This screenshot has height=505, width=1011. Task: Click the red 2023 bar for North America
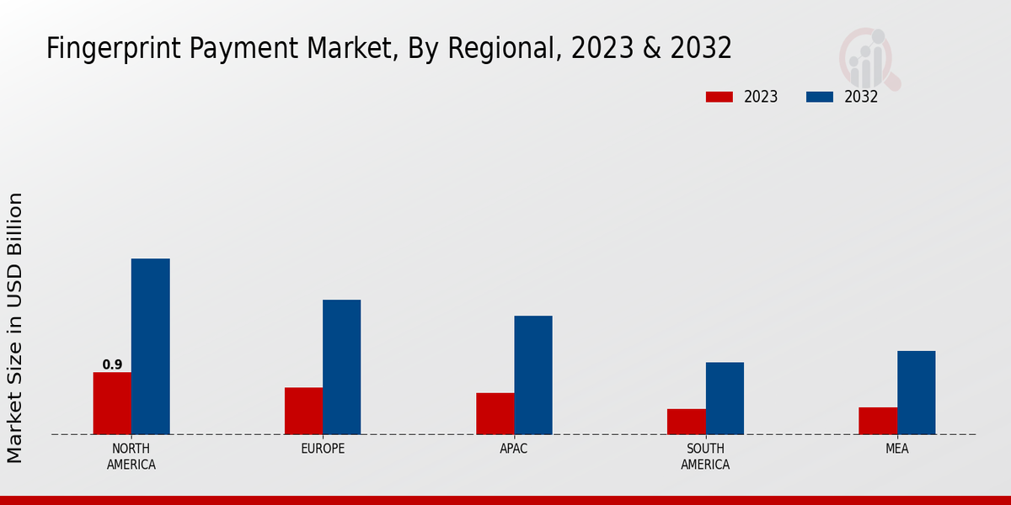[112, 403]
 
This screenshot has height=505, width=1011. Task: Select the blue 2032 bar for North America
[150, 346]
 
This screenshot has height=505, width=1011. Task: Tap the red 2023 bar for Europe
[303, 411]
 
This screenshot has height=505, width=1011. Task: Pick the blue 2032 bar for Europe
[341, 367]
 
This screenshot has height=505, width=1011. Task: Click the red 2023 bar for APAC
[495, 413]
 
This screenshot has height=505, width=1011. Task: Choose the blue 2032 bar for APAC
[533, 375]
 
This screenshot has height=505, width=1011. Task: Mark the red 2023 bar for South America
[687, 422]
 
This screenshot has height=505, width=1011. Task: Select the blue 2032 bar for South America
[725, 398]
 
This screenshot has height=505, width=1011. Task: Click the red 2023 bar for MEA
[878, 421]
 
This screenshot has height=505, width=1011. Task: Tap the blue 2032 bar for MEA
[916, 392]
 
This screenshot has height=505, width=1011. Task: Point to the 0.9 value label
[112, 364]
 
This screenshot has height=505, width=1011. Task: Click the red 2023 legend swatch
[719, 97]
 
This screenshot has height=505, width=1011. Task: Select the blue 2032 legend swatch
[819, 97]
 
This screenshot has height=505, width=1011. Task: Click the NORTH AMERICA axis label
[131, 456]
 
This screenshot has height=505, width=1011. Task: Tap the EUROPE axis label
[323, 449]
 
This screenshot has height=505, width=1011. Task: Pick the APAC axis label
[514, 449]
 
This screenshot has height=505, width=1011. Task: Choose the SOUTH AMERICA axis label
[705, 456]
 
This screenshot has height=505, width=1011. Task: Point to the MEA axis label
[896, 449]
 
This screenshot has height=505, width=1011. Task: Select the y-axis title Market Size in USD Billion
[15, 327]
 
